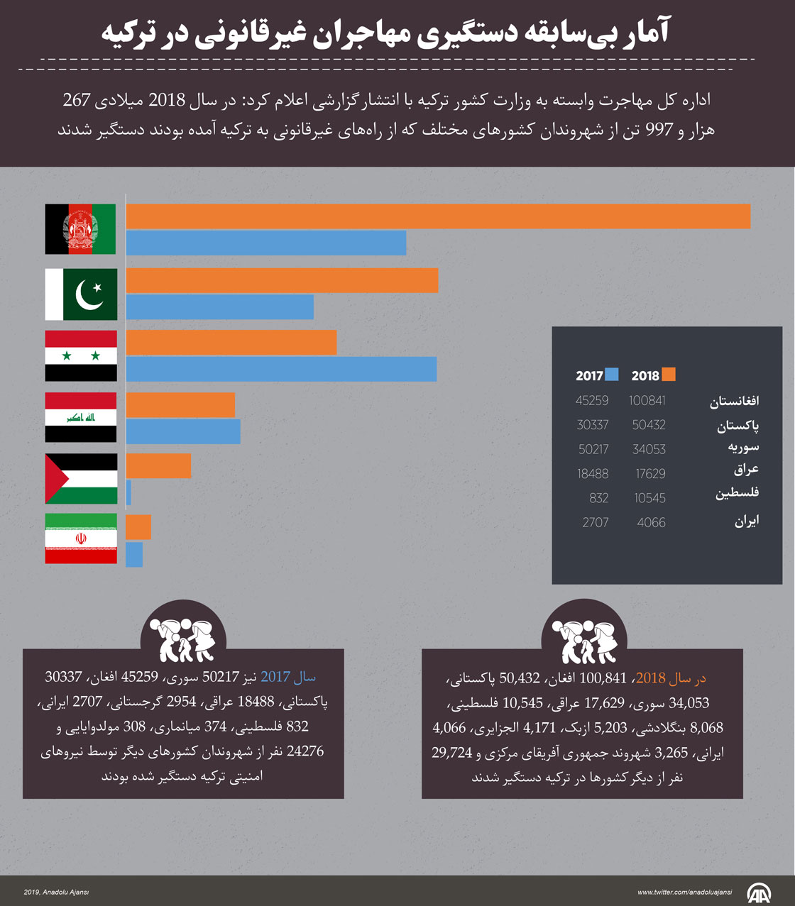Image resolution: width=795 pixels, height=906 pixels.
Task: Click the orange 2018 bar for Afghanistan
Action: [438, 216]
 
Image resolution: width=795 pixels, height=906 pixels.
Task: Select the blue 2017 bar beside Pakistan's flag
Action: [220, 307]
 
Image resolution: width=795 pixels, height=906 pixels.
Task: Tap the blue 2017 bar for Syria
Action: [281, 369]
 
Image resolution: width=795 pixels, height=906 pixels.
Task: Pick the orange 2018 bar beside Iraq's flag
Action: [180, 405]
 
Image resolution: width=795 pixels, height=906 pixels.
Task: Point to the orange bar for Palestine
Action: [158, 466]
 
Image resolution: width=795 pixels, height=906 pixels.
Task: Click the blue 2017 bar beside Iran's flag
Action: [134, 555]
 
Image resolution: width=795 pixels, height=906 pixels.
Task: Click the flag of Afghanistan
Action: [80, 229]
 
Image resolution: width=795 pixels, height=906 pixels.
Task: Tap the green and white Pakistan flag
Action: [81, 294]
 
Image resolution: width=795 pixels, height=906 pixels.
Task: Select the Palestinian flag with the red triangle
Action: [81, 479]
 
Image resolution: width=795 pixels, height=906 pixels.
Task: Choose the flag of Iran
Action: [81, 538]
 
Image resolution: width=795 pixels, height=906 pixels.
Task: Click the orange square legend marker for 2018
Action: [668, 375]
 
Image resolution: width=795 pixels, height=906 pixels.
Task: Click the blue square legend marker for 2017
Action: [611, 375]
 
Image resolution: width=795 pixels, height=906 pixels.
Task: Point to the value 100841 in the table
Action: [647, 401]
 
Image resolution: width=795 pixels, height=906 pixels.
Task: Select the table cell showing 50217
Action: [593, 449]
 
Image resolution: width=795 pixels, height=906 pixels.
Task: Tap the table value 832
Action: [598, 498]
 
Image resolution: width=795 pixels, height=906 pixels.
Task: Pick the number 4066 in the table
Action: [651, 523]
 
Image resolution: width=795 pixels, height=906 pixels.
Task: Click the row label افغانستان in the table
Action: [734, 402]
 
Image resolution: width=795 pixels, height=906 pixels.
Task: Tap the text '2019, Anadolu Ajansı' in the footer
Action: [56, 893]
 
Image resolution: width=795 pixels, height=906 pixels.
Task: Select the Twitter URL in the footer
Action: [684, 893]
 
